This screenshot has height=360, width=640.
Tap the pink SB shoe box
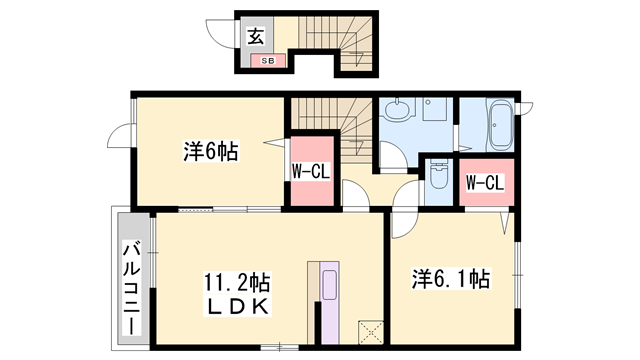[x=268, y=61]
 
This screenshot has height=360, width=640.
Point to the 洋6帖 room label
[x=210, y=153]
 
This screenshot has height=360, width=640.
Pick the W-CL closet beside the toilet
[x=485, y=182]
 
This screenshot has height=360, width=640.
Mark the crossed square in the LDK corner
[x=370, y=331]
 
